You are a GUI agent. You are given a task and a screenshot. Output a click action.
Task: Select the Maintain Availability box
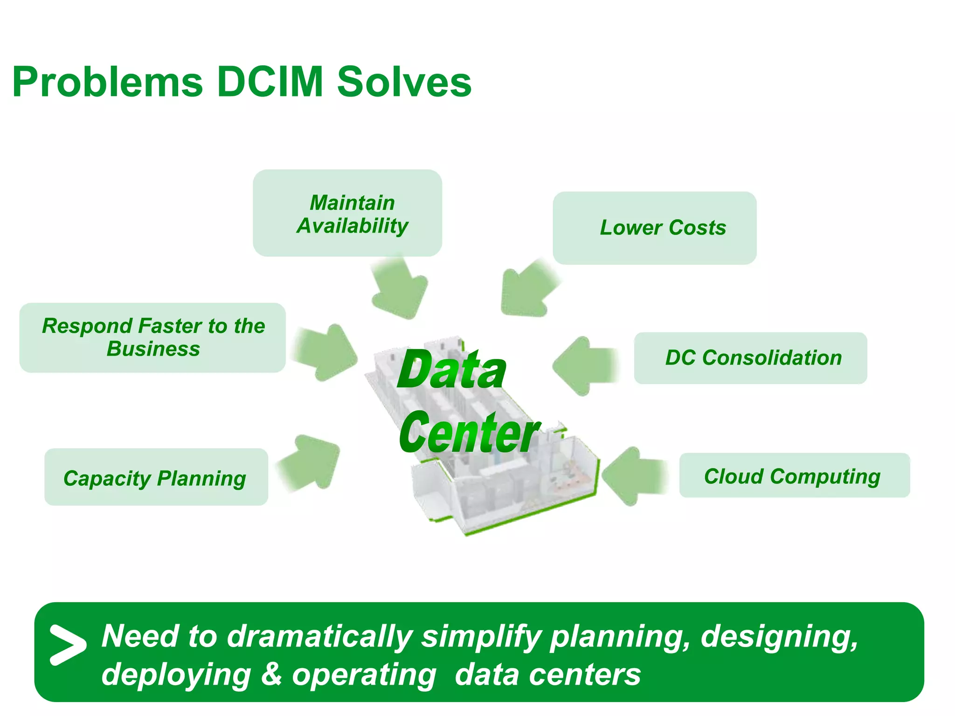click(347, 213)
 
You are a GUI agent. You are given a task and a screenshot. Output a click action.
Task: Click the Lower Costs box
click(654, 228)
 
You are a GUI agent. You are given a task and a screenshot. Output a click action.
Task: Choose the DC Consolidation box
click(750, 358)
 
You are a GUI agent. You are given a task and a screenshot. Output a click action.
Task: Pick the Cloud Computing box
click(794, 475)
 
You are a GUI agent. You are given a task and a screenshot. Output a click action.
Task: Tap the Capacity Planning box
click(156, 477)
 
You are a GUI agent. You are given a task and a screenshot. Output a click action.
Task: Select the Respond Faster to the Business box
click(152, 337)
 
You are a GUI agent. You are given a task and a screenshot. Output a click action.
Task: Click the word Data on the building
click(451, 370)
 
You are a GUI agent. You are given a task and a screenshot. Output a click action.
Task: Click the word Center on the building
click(468, 433)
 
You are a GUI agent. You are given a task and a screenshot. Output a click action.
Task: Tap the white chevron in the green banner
click(67, 644)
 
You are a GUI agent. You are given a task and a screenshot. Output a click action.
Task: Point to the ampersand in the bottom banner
click(271, 675)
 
